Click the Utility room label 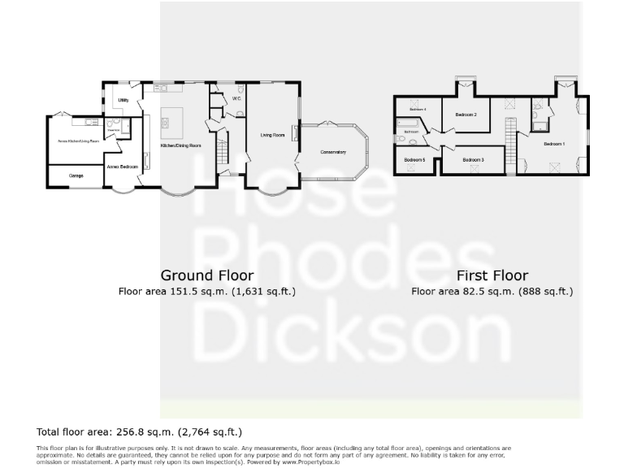123,100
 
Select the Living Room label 272,135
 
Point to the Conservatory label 333,152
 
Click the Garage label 76,175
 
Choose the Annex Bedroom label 122,167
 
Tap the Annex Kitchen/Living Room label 78,141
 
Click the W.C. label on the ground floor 236,99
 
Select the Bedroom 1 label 553,144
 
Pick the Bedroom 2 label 466,115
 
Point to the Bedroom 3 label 473,160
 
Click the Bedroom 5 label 414,160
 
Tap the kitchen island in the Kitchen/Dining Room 174,120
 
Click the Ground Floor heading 206,275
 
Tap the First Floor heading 492,275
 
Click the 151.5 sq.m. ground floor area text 206,290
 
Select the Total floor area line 139,431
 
